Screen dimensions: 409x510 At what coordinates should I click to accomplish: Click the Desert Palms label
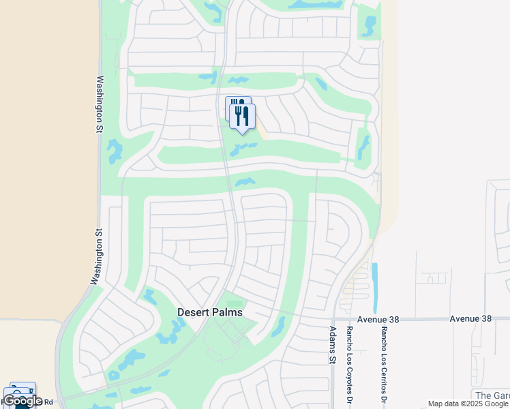210,312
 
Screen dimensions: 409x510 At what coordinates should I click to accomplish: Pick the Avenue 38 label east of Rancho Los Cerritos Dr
470,318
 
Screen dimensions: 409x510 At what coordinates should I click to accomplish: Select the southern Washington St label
97,257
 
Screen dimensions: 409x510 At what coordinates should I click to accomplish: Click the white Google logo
22,401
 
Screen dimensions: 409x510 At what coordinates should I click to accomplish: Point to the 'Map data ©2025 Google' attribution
468,404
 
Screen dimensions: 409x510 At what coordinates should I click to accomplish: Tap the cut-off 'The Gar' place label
492,395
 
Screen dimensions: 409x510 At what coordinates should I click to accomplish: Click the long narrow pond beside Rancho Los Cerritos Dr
374,286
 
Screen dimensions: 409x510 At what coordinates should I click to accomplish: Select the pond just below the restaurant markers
243,148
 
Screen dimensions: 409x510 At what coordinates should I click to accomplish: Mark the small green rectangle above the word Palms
234,304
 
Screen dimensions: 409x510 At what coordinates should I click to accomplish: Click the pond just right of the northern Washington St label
114,151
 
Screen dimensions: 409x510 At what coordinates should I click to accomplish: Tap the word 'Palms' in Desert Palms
226,312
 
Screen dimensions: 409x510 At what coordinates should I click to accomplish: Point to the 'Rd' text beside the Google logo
48,402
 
